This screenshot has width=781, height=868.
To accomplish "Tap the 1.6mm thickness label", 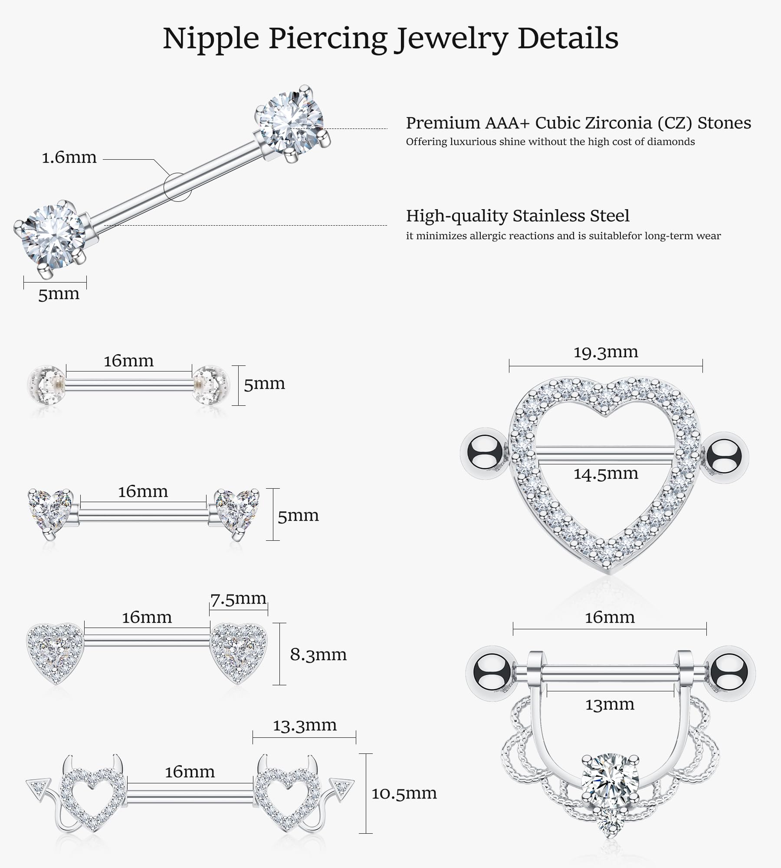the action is (x=69, y=158).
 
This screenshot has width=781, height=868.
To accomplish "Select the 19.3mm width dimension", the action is (x=606, y=352).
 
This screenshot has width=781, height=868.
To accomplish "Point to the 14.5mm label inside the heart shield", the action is (x=606, y=473).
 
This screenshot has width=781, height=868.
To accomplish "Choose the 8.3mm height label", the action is (x=318, y=654).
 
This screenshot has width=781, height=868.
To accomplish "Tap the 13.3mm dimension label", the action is (x=305, y=725).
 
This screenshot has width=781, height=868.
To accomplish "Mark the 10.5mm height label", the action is (x=404, y=793).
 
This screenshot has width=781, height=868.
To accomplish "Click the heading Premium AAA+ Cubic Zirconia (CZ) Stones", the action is (x=578, y=123).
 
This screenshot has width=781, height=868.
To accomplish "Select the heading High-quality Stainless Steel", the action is (x=518, y=216).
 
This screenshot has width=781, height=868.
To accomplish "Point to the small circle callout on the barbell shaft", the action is (x=177, y=187).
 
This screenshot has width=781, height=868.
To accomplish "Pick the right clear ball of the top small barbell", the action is (x=210, y=384).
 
